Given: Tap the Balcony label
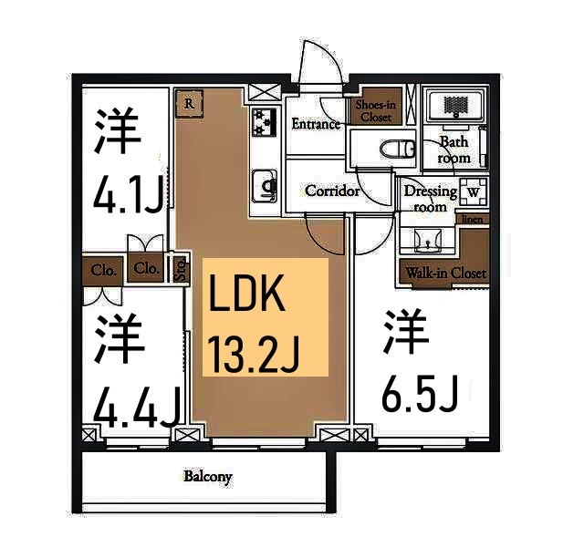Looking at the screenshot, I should click(x=208, y=477).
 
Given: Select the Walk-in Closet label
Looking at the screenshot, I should click(x=446, y=273).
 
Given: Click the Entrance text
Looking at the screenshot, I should click(x=315, y=124).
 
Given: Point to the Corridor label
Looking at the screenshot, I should click(x=331, y=191).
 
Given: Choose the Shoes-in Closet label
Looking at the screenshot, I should click(x=375, y=111).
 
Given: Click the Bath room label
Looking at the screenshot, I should click(x=454, y=150).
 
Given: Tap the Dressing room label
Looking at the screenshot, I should click(x=431, y=199).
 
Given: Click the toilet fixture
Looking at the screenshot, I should click(x=392, y=149).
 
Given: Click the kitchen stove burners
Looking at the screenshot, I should click(x=265, y=121).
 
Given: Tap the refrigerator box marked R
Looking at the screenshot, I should click(x=189, y=103).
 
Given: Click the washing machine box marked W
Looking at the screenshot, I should click(x=472, y=192).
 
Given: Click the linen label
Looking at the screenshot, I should click(x=474, y=220).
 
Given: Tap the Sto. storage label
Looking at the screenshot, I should click(x=181, y=269).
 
